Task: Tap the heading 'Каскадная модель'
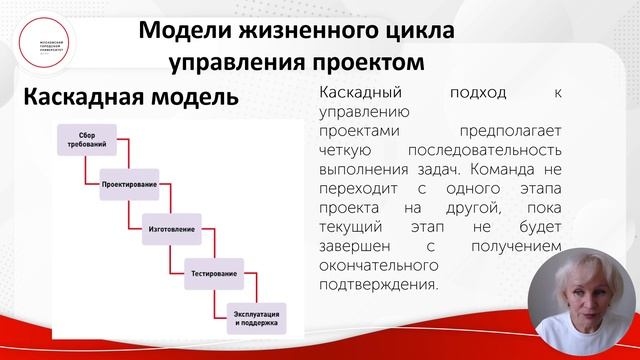pyautogui.click(x=131, y=98)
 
